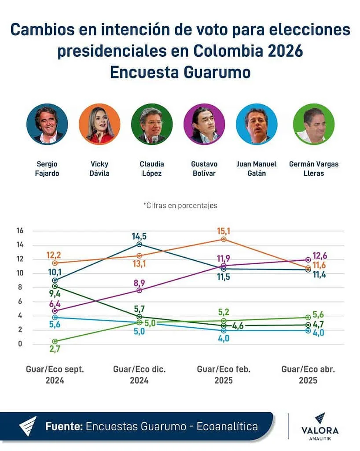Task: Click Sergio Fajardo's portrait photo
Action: coord(47,124)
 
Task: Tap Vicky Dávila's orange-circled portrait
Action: coord(99,124)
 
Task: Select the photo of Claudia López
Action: coord(152,124)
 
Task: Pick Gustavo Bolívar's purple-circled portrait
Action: coord(204,124)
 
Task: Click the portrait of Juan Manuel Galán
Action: coord(257,124)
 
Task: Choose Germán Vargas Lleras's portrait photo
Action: coord(313,124)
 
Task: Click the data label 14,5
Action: coord(139,236)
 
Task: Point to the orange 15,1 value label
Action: coord(224,231)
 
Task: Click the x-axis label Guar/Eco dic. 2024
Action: coord(139,375)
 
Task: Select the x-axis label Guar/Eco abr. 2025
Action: coord(308,375)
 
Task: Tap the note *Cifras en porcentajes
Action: coord(180,205)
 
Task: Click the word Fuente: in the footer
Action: coord(64,426)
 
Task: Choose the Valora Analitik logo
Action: coord(320,426)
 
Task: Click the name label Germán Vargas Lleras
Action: coord(313,169)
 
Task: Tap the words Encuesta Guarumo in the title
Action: coord(180,72)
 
